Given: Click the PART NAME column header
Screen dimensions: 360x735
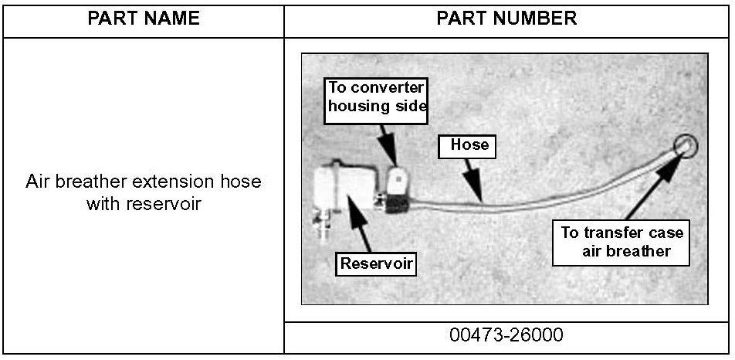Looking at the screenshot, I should point(144,19).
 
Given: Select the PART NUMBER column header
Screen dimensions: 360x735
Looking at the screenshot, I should point(506,19).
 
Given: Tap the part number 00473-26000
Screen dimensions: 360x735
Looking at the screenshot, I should point(506,336).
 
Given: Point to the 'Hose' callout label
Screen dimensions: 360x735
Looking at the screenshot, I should point(469,144).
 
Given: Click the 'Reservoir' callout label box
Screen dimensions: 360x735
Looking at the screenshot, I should point(378,263).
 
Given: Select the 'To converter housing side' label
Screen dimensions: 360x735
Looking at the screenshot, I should point(378,97).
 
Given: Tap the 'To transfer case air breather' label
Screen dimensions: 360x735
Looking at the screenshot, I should point(621,242).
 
